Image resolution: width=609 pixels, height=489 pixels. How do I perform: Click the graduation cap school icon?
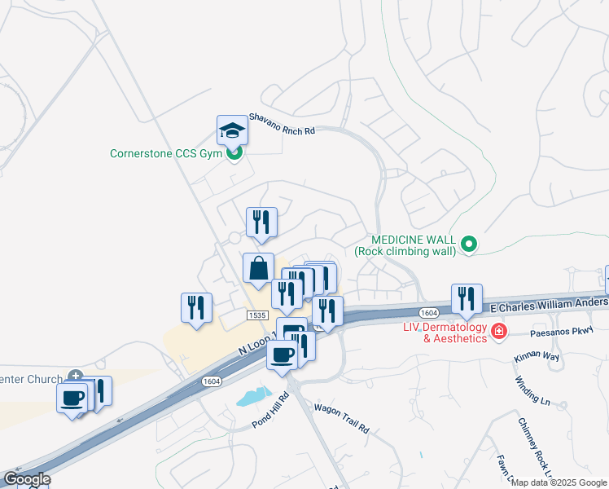point(232,130)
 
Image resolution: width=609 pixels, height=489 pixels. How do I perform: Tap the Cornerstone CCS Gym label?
point(167,152)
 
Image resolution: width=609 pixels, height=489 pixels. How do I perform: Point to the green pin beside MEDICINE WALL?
point(468,244)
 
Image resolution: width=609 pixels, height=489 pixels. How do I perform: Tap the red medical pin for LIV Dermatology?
point(497,332)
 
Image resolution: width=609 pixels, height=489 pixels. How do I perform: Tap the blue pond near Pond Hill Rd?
point(252,398)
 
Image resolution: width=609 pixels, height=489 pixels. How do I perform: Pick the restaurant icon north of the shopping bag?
point(261,222)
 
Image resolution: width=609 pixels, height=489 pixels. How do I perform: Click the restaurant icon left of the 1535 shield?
point(196,307)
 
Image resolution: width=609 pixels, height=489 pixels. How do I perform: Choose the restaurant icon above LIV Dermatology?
point(467,298)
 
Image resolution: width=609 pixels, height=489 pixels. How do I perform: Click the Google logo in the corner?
point(27,479)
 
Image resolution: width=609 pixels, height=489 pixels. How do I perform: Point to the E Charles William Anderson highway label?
point(550,305)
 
